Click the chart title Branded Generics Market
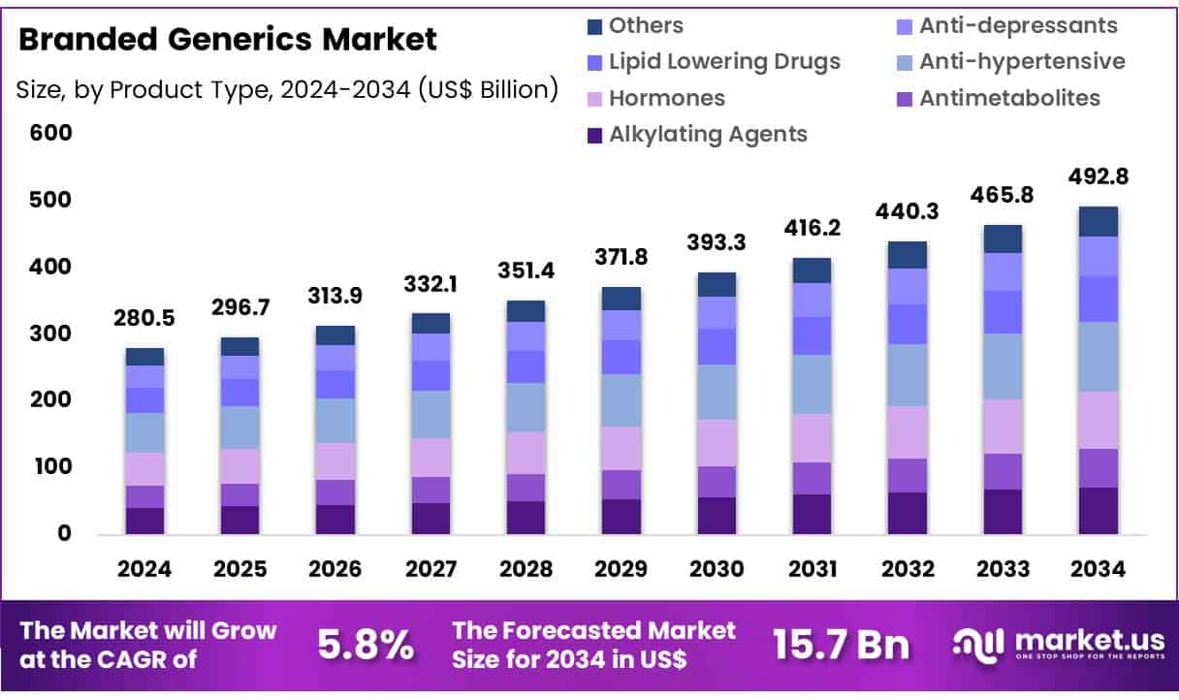click(x=228, y=40)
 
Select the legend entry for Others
click(x=646, y=26)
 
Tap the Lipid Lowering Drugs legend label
click(x=724, y=62)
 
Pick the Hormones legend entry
click(x=666, y=98)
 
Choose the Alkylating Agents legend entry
click(x=708, y=134)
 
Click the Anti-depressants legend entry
click(x=1018, y=26)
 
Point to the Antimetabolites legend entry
click(x=1009, y=98)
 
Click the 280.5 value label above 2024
click(x=144, y=319)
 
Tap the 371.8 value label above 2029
click(x=621, y=259)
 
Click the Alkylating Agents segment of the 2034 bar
click(x=1098, y=510)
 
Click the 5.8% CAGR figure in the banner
click(x=366, y=645)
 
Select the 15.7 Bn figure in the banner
click(x=841, y=645)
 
